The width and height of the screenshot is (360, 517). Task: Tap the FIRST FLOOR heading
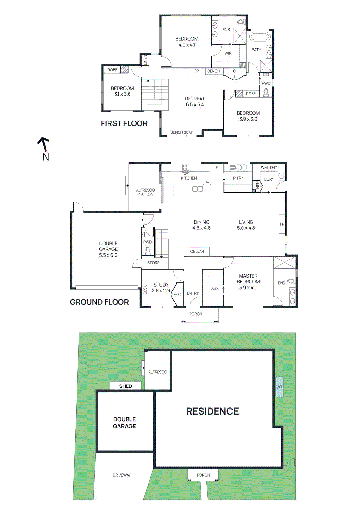coord(124,123)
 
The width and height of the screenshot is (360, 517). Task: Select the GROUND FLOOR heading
coord(99,302)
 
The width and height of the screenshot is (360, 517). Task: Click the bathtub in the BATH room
coord(260,36)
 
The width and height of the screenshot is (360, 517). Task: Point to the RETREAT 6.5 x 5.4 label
coord(195,101)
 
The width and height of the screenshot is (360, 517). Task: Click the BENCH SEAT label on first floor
coord(181,132)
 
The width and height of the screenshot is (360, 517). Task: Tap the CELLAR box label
coord(197,251)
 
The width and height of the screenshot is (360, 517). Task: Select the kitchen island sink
coord(198,189)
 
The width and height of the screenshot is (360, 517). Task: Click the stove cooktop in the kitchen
coord(186,167)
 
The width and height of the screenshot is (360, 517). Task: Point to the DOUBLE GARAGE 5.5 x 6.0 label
coord(108,249)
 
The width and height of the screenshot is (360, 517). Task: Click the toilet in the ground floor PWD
coord(148,250)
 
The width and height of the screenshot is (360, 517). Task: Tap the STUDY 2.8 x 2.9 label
coord(161,288)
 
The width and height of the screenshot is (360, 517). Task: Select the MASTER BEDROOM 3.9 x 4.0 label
coord(248,281)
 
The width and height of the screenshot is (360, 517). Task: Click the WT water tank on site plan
coord(279,387)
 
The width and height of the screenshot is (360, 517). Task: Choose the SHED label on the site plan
coord(126,386)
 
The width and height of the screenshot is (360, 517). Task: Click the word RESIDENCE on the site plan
coord(212,411)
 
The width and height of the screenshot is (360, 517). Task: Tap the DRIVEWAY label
coord(122,475)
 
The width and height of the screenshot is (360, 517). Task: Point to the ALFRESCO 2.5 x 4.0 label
coord(145,192)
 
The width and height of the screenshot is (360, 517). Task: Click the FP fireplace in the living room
coord(282,224)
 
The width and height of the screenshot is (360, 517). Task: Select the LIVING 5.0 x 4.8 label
coord(246,225)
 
